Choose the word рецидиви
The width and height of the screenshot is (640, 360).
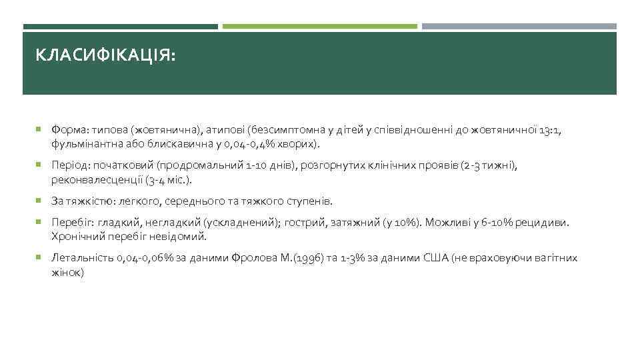pos(548,223)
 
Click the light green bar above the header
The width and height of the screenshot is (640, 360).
pos(319,27)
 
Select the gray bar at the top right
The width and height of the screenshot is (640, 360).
pos(519,27)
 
